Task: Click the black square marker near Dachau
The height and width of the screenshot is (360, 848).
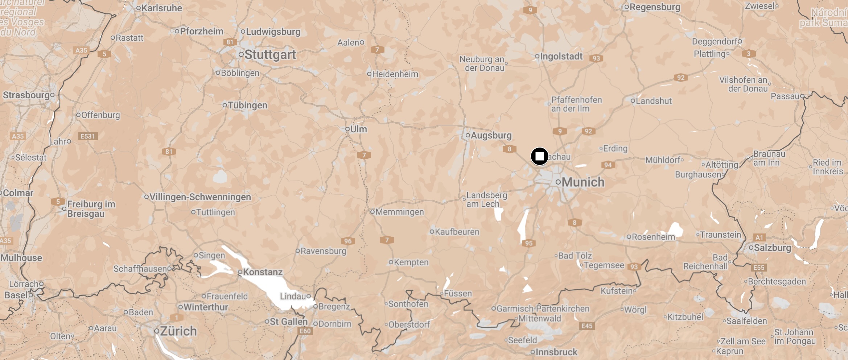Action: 539,156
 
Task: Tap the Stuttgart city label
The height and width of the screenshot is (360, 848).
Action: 270,55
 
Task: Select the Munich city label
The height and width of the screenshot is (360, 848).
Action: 583,182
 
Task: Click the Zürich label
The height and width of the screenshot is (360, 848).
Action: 178,331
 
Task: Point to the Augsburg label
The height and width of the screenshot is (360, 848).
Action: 491,135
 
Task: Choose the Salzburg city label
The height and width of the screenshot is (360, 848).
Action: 772,248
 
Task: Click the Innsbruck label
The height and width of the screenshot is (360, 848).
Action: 556,352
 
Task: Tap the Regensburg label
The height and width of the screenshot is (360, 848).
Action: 655,7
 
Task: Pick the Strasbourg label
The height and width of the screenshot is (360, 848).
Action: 26,95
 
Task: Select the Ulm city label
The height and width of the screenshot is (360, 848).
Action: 358,129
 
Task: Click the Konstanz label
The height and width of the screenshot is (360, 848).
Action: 263,272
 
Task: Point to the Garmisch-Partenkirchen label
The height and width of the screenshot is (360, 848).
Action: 543,309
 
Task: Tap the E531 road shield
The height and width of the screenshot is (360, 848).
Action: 87,136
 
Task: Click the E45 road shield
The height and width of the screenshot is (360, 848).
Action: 587,326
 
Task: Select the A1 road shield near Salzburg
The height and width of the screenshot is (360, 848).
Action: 759,237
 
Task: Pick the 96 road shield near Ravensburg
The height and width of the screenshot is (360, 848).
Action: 348,241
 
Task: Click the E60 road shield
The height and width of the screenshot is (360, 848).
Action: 305,331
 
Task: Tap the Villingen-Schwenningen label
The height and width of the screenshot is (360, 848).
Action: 200,197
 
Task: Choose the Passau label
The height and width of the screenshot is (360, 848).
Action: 785,96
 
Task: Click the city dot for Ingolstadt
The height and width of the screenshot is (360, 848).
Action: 537,56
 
